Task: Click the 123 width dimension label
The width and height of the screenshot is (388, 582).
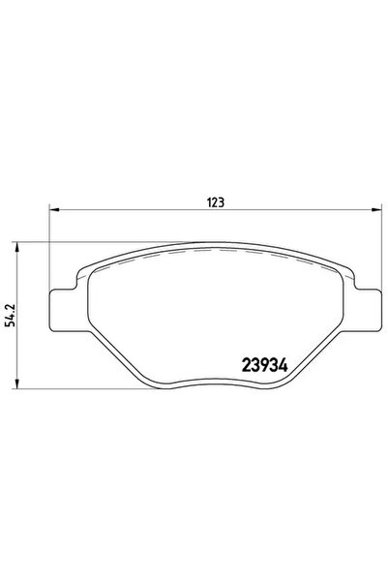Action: tap(216, 202)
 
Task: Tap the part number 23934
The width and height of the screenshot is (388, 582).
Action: tap(266, 369)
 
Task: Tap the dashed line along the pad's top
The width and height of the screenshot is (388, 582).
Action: tap(213, 251)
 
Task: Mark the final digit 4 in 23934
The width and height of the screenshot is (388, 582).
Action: tap(287, 369)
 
